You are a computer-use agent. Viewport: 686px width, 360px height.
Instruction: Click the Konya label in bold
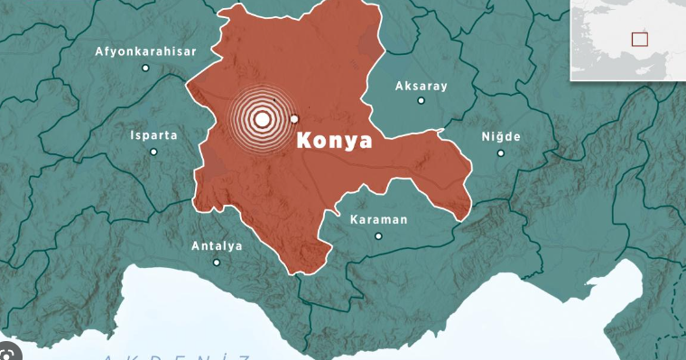click(x=334, y=142)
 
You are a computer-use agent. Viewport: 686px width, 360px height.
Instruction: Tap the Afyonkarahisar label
click(x=145, y=51)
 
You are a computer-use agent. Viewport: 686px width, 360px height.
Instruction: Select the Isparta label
click(x=153, y=135)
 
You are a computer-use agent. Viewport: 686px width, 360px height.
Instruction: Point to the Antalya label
click(x=217, y=245)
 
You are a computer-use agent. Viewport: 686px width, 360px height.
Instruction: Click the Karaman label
click(x=378, y=219)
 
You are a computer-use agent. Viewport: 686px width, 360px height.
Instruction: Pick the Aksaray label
click(x=421, y=87)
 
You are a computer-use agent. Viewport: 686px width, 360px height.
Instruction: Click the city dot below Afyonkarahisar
click(x=145, y=68)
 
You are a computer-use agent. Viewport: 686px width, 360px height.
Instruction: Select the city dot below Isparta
click(x=153, y=152)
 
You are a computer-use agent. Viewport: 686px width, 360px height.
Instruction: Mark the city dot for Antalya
click(x=217, y=263)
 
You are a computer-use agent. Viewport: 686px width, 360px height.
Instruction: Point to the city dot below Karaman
click(x=378, y=236)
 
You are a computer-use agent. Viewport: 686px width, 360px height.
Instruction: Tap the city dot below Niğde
click(x=500, y=152)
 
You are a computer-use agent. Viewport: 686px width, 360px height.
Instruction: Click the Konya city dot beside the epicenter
click(x=293, y=119)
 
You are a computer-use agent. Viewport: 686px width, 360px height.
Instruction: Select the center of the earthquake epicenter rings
click(x=262, y=118)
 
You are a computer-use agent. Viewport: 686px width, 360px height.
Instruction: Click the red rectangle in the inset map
click(x=640, y=39)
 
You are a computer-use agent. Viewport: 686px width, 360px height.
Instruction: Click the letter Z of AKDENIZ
click(x=245, y=357)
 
